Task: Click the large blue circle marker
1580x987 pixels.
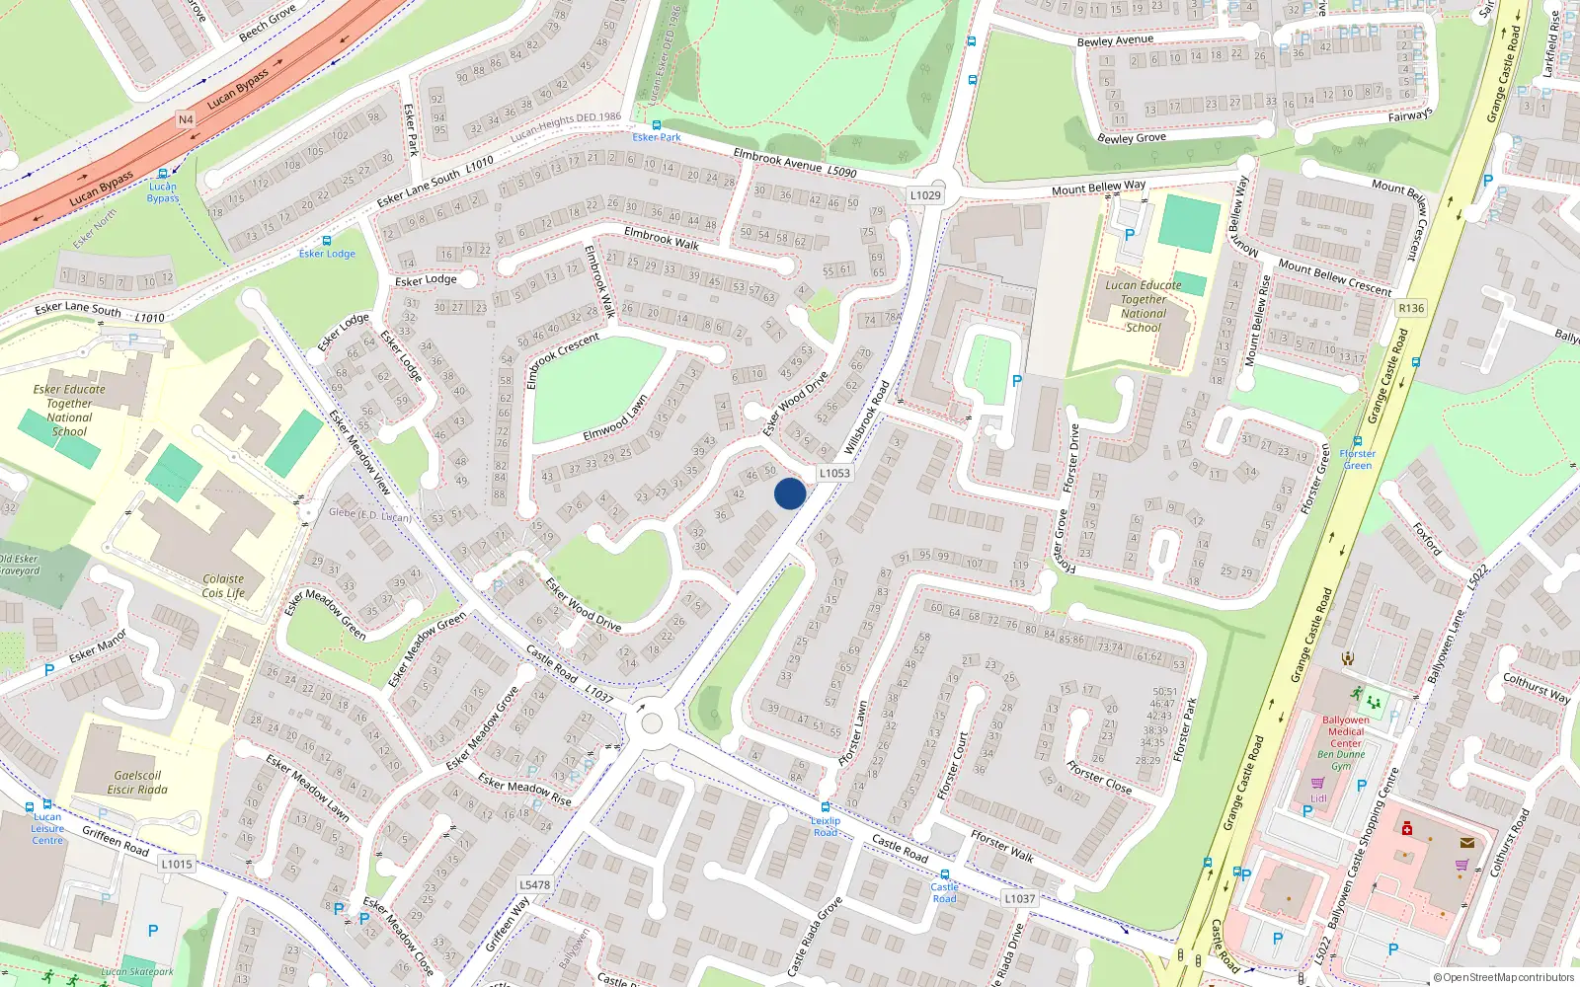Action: [789, 493]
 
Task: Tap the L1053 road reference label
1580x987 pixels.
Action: [834, 473]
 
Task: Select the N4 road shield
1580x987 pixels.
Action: [186, 119]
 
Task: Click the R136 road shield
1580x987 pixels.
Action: [1411, 308]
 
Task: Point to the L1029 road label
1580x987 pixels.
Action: [925, 195]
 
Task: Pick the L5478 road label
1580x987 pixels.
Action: [534, 884]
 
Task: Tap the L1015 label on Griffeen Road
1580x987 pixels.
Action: [177, 864]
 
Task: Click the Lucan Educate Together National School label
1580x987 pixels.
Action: [1143, 306]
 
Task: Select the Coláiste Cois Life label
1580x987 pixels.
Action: [223, 586]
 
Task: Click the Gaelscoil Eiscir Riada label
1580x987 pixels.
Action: [137, 783]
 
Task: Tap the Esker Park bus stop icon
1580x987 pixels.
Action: [657, 125]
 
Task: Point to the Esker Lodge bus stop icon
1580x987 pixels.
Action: [327, 241]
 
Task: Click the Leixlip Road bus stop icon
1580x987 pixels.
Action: [826, 807]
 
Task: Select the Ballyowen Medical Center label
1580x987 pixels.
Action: [1346, 731]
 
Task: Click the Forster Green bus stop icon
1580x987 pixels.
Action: [1358, 441]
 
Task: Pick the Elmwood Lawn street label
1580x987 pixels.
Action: [615, 418]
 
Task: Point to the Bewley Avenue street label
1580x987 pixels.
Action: [1115, 40]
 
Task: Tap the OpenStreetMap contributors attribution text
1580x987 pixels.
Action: [1504, 977]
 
